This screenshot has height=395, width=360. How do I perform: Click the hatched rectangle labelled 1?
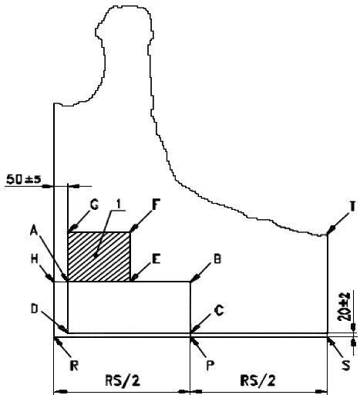[x=99, y=256]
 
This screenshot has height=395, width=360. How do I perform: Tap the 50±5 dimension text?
[x=23, y=179]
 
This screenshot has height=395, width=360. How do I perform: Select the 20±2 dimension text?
[x=345, y=306]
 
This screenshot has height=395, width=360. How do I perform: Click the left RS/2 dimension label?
[x=123, y=380]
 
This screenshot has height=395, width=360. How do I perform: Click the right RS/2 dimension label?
[x=258, y=380]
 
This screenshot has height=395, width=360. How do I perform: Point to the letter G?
[x=94, y=205]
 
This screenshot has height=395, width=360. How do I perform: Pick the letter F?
[x=156, y=204]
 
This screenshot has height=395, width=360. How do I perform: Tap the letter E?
[x=156, y=259]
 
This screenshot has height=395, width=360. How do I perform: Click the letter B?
[x=217, y=259]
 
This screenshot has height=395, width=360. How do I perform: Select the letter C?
[x=219, y=311]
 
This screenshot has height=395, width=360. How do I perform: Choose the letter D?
[x=35, y=309]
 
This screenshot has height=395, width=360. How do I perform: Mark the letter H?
[x=35, y=259]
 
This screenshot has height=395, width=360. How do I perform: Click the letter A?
[x=34, y=231]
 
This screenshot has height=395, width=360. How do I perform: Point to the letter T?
[x=353, y=206]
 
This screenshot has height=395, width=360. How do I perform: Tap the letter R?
[x=74, y=366]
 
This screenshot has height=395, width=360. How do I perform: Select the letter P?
[x=210, y=365]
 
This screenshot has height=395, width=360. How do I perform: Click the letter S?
[x=346, y=365]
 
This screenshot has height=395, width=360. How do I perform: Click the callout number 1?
[x=119, y=204]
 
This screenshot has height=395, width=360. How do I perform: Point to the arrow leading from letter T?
[x=338, y=224]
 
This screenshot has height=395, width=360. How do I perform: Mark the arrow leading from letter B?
[x=201, y=272]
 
